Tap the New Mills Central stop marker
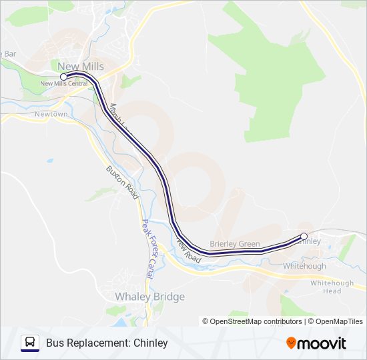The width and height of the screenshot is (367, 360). click(x=63, y=77)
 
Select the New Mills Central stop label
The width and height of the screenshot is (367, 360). click(x=64, y=84)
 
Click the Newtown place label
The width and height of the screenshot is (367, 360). click(x=51, y=114)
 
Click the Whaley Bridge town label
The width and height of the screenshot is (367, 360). click(x=149, y=296)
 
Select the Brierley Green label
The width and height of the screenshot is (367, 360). click(x=234, y=244)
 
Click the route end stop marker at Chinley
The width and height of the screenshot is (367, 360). click(x=304, y=236)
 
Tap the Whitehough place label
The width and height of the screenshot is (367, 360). click(x=304, y=266)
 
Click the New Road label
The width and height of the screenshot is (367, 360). click(x=188, y=250)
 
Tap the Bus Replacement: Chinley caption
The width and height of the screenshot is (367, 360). click(x=107, y=343)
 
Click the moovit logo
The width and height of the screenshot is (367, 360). click(x=316, y=343)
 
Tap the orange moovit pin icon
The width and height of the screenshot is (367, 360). click(x=291, y=343)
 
